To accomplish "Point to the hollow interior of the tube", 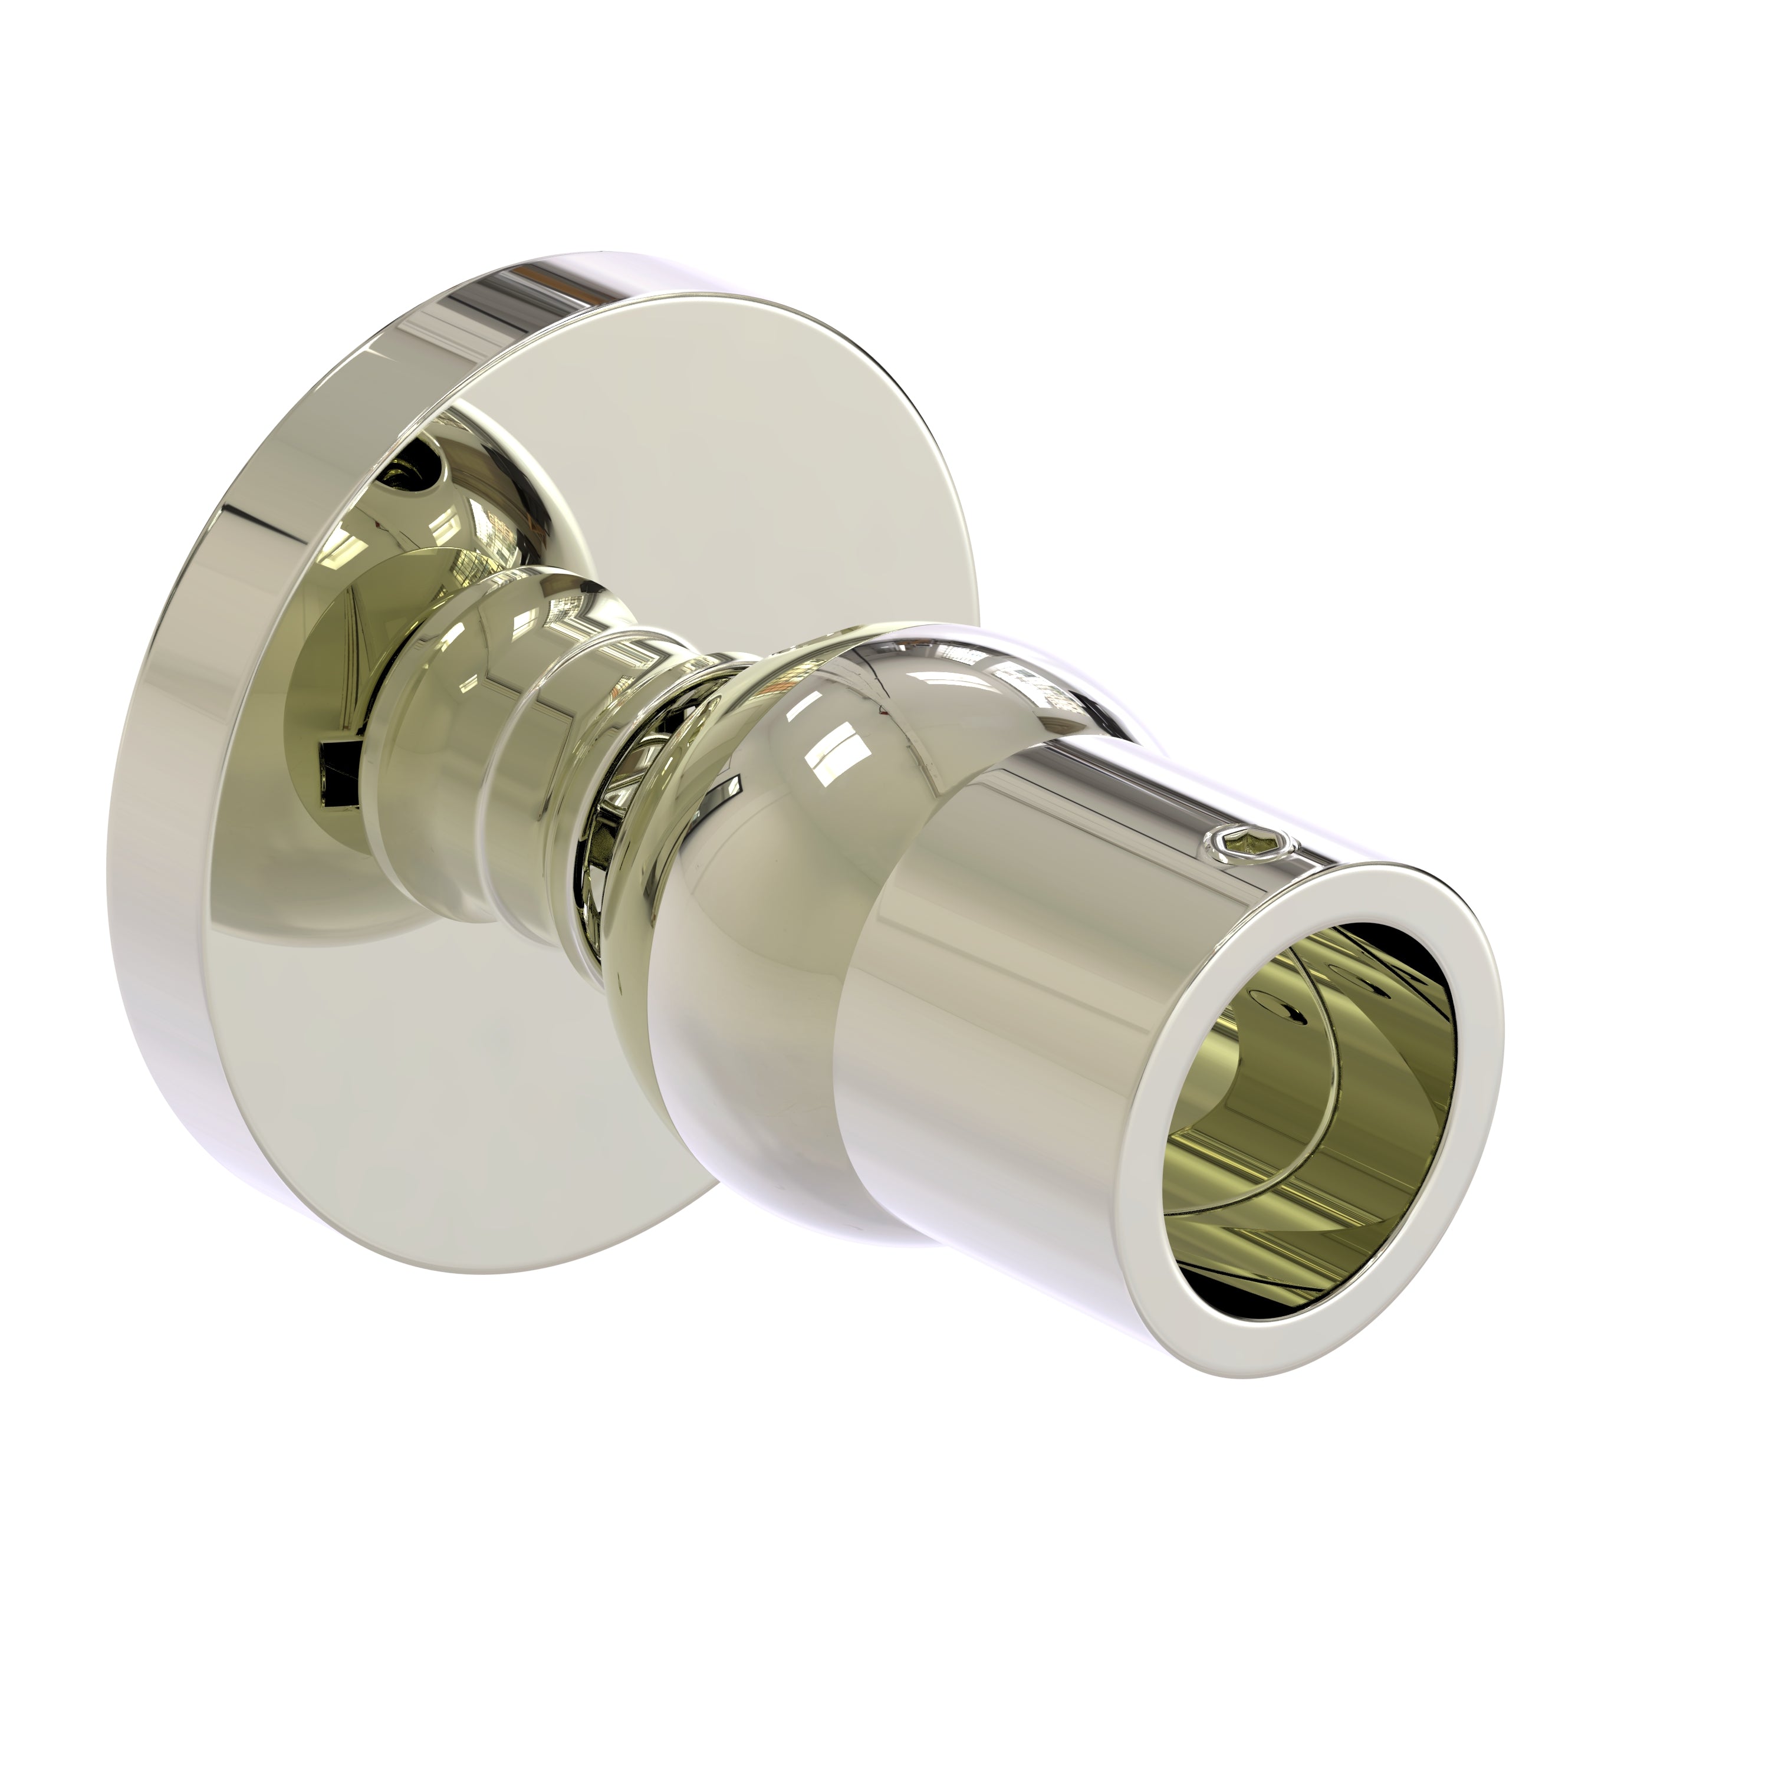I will pos(1328,1080).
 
